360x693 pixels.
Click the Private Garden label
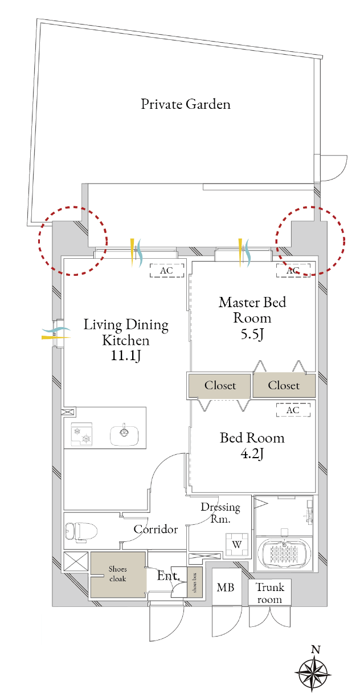[186, 104]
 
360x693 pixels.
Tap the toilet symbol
[81, 532]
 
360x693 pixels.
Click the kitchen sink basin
[124, 435]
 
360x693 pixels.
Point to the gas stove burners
[81, 434]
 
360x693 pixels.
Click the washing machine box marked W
[237, 544]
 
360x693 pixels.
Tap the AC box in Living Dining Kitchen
[167, 270]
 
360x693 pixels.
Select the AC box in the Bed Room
[293, 410]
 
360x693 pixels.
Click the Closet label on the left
[220, 385]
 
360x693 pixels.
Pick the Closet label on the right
[284, 385]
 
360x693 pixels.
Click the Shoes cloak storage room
[118, 574]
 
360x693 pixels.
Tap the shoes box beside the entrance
[195, 582]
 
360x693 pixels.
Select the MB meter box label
[226, 587]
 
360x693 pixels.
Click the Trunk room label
[269, 593]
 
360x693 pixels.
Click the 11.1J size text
[125, 356]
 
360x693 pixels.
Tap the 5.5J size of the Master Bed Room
[252, 335]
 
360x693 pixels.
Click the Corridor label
[156, 529]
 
